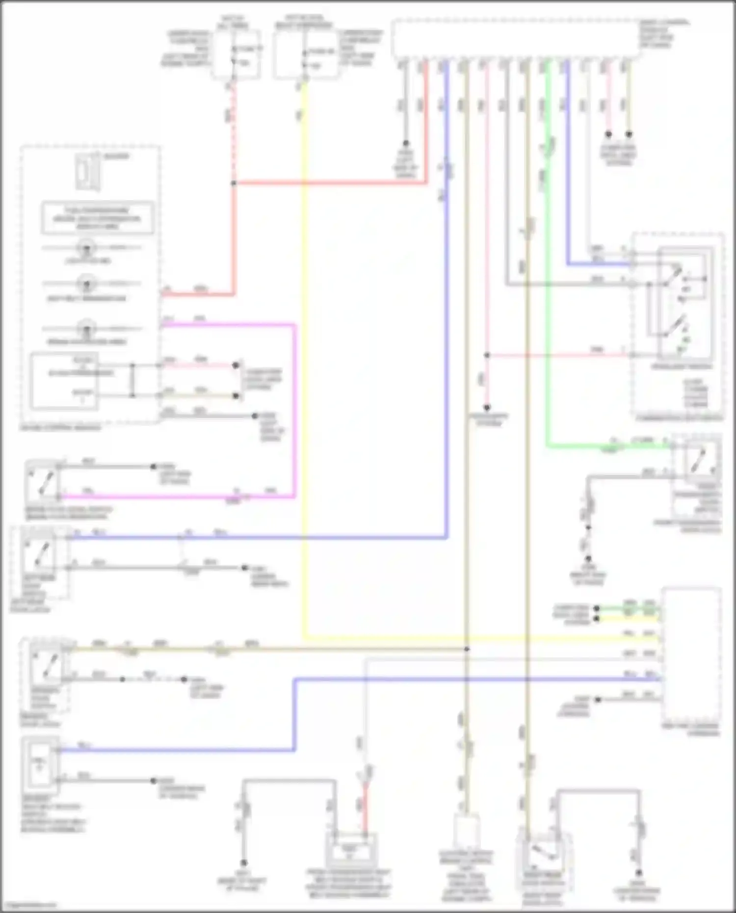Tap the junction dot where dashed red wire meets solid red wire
(x=234, y=183)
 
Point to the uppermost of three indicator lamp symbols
(x=87, y=247)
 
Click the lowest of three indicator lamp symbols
(x=87, y=328)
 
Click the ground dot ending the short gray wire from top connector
(x=406, y=144)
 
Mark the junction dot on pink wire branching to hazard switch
(x=487, y=355)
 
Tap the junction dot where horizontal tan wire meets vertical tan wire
(x=467, y=649)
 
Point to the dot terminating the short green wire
(x=597, y=609)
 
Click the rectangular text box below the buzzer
(x=97, y=218)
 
